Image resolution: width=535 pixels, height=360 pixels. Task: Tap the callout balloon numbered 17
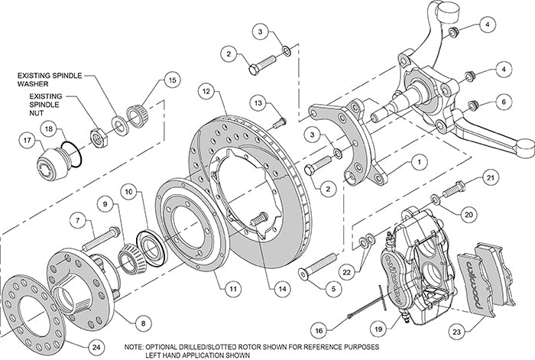pos(28,141)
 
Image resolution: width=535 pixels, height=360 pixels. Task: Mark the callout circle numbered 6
pos(501,99)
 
